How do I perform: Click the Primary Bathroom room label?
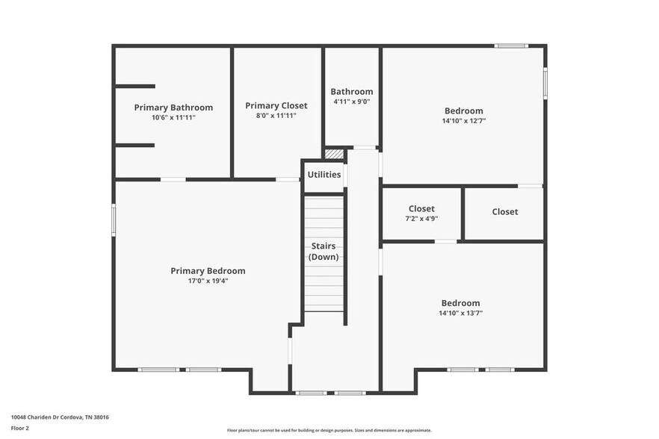tap(173, 108)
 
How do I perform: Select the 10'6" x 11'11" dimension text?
tap(173, 118)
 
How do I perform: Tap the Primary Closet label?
tap(276, 106)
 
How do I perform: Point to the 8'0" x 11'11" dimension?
tap(276, 116)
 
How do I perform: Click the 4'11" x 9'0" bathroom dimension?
tap(352, 102)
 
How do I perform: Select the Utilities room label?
tap(324, 175)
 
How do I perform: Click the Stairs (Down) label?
tap(324, 252)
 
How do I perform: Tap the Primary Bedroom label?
tap(208, 271)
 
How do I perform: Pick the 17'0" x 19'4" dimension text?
tap(208, 281)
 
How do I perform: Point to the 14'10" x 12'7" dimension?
tap(464, 121)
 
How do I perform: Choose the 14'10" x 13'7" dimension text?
tap(460, 314)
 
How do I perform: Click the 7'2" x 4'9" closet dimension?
tap(421, 219)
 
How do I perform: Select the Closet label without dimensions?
tap(504, 212)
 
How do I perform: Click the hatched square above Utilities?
tap(335, 154)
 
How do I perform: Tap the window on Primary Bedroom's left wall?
tap(114, 221)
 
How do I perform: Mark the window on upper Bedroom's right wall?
tap(545, 82)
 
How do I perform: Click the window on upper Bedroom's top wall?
tap(511, 46)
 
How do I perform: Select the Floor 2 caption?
tap(20, 429)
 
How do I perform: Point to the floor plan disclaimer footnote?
tap(329, 431)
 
